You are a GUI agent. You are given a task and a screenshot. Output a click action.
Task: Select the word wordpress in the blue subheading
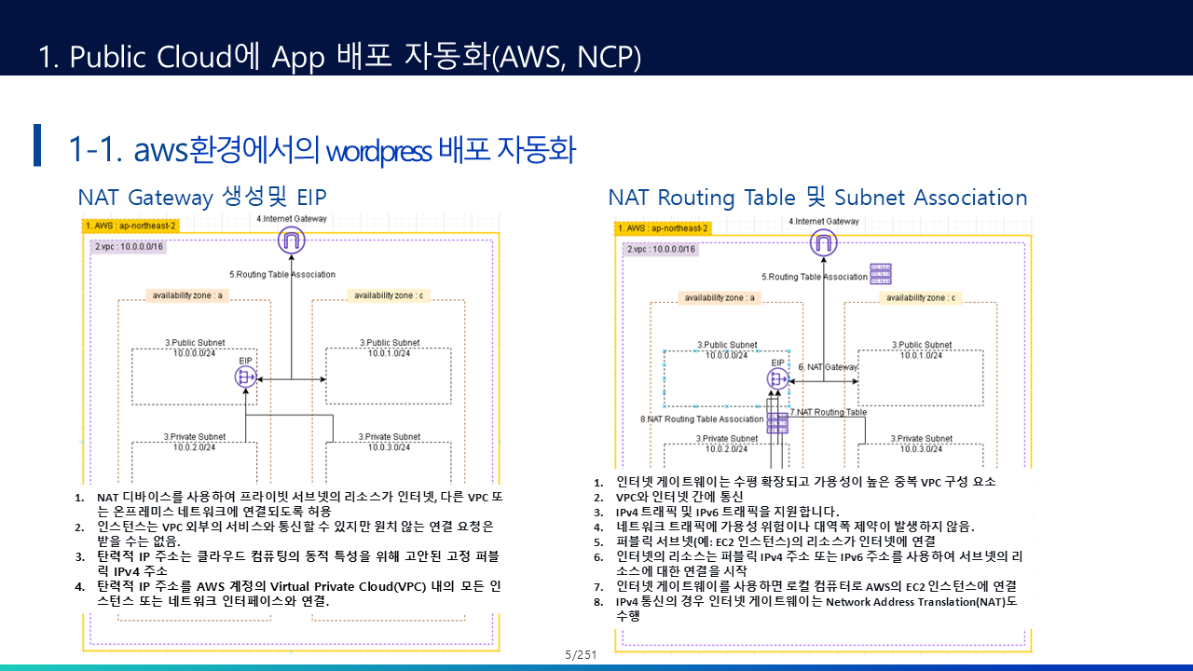378,149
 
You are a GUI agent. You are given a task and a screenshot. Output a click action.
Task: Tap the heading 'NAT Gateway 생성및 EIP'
202,198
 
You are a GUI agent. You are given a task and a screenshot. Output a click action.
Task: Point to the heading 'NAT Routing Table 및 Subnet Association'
817,198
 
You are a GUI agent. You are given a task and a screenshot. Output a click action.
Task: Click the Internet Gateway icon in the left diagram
292,241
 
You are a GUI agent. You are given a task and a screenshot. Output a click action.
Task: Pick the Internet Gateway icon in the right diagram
823,244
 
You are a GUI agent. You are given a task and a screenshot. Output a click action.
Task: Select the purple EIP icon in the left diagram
246,377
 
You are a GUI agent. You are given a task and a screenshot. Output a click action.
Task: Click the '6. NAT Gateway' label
828,367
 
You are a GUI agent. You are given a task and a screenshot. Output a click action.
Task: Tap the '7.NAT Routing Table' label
828,412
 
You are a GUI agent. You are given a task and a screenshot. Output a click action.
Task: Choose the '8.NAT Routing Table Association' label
702,419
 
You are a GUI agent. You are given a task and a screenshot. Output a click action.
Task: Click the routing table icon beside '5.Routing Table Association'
881,273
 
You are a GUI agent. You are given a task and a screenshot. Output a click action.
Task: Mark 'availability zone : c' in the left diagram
389,295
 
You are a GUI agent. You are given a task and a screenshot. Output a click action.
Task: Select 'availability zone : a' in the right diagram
720,298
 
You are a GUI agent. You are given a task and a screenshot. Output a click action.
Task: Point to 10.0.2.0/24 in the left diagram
194,447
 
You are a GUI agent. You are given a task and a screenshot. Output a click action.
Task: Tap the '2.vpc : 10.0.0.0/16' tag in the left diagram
129,247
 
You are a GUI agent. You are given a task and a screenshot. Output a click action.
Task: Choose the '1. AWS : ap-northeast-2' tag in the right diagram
663,228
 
